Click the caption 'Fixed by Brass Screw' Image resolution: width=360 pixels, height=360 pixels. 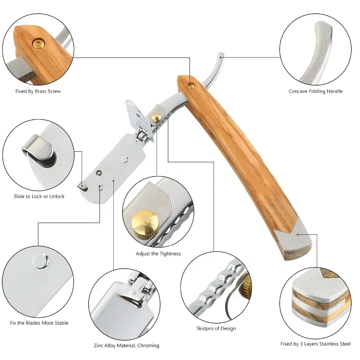38,91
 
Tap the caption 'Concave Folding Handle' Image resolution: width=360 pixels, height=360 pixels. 315,91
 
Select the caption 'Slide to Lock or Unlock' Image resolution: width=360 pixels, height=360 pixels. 39,196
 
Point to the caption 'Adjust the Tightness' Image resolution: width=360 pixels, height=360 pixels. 158,254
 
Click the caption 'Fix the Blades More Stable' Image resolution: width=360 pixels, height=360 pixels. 39,323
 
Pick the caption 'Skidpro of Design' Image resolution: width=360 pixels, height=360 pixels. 216,328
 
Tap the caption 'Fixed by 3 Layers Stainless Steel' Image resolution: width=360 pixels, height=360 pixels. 315,344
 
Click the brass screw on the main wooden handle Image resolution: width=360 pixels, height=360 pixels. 191,85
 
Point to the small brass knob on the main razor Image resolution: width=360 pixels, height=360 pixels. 156,117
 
